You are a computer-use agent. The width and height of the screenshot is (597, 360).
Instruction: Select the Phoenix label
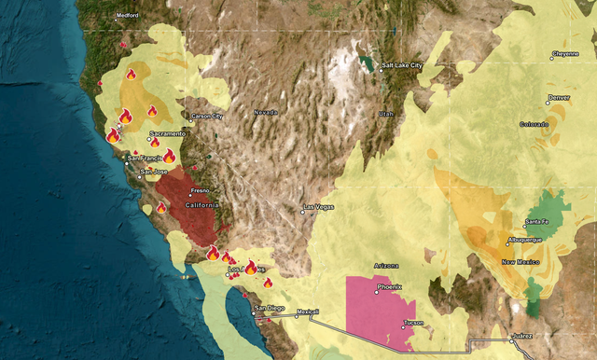tap(389, 287)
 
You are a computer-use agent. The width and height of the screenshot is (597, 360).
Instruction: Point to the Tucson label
tap(413, 323)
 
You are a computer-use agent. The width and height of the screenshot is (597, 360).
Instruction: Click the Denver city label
tap(559, 97)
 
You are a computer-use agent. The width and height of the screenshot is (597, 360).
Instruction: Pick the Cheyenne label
tap(565, 54)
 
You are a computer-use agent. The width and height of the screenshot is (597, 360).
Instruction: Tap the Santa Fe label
tap(536, 222)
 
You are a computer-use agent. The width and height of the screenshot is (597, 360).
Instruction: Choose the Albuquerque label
tap(524, 240)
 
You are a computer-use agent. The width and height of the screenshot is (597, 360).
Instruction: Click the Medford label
tap(128, 17)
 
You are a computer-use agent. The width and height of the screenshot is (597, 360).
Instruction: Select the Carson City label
tap(207, 117)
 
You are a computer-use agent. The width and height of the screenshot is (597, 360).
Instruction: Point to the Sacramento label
tap(168, 133)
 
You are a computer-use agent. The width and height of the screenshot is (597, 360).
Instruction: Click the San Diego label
tap(271, 308)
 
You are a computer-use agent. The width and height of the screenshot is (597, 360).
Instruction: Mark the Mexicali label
tap(307, 312)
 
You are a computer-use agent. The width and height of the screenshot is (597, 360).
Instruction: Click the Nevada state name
tap(266, 113)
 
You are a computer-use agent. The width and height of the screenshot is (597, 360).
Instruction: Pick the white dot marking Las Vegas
tap(302, 212)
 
